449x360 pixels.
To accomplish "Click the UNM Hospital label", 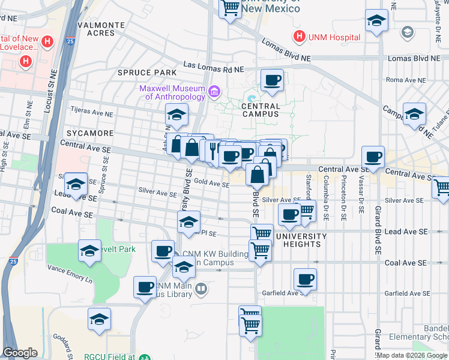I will click(x=334, y=37).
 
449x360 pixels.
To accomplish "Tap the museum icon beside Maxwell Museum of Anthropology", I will click(x=214, y=92).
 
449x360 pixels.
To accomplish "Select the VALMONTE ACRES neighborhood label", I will click(x=101, y=29).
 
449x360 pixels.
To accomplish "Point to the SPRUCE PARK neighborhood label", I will click(x=143, y=73).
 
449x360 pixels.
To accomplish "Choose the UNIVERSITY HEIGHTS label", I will click(x=301, y=236).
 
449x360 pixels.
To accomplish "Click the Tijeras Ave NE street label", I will click(x=92, y=112).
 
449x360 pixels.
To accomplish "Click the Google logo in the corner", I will click(x=20, y=353).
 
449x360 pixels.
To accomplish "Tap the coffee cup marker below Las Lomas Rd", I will click(x=272, y=80).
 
